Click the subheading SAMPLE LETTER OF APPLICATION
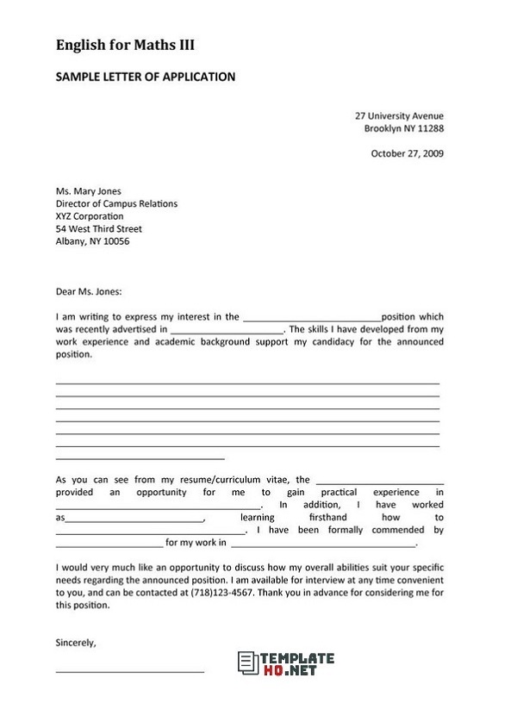(x=146, y=77)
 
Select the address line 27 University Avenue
(x=399, y=115)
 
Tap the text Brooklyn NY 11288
(x=403, y=128)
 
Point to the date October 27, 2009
(x=407, y=154)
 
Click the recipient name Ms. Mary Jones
(x=88, y=191)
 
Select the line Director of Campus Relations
(x=116, y=204)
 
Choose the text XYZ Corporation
(x=90, y=216)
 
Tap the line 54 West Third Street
(x=98, y=229)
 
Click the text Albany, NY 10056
(x=92, y=242)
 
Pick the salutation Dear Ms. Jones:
(x=89, y=291)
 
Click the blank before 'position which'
(x=311, y=318)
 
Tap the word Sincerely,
(x=76, y=643)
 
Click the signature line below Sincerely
(x=129, y=670)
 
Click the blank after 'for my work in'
(x=323, y=544)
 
